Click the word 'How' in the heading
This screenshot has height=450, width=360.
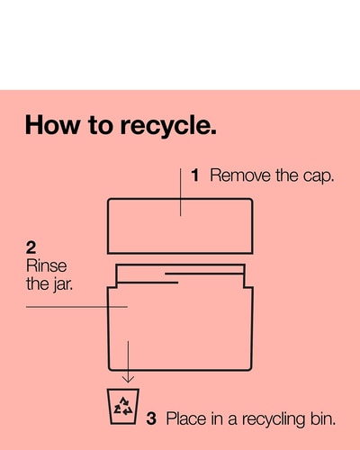(52, 125)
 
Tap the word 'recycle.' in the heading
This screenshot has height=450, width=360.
(168, 126)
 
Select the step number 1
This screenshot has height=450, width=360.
(195, 175)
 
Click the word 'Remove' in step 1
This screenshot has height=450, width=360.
(240, 175)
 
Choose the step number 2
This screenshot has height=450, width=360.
(31, 247)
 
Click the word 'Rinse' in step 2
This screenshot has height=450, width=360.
(46, 265)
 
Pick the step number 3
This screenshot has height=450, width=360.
(151, 418)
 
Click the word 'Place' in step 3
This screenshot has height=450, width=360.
(186, 418)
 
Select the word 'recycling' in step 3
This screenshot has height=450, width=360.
(274, 419)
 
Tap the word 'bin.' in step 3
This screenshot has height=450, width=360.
(323, 418)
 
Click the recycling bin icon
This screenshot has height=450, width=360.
(123, 407)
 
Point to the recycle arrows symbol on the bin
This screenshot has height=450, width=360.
(123, 406)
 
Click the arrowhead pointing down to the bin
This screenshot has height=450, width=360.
(128, 379)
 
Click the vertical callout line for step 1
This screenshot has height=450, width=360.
(180, 192)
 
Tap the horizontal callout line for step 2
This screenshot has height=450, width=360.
(76, 307)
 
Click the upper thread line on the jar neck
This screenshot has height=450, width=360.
(204, 274)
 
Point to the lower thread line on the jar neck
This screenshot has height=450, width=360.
(148, 283)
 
